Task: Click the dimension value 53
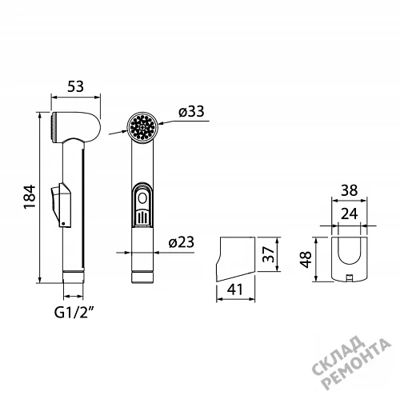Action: [75, 86]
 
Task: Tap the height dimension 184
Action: [30, 197]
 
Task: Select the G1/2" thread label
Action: [75, 312]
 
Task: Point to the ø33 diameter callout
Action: [191, 111]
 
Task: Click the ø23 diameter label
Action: [182, 242]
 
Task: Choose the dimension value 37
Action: [268, 254]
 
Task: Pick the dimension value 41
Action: [235, 289]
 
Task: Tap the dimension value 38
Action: [349, 190]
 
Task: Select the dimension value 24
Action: [349, 213]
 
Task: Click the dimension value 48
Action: [306, 259]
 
